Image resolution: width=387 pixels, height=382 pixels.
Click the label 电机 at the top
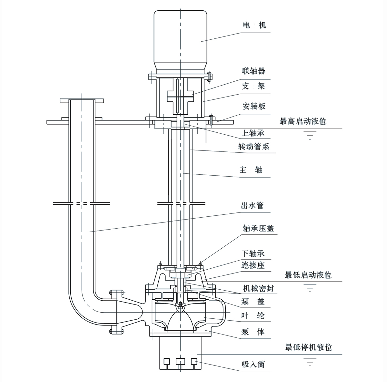pos(254,25)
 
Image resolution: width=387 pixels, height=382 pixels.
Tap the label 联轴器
pos(253,71)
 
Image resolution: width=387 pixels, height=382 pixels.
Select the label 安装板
pos(254,106)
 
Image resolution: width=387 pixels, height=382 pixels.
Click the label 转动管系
pos(253,147)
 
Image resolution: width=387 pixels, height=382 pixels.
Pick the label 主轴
pos(251,170)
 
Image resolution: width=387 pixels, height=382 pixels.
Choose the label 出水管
pos(252,205)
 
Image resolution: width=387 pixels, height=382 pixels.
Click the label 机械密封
pos(258,288)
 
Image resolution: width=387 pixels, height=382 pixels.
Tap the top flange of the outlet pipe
pos(82,100)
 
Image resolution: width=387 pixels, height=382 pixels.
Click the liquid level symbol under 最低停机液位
pos(310,361)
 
